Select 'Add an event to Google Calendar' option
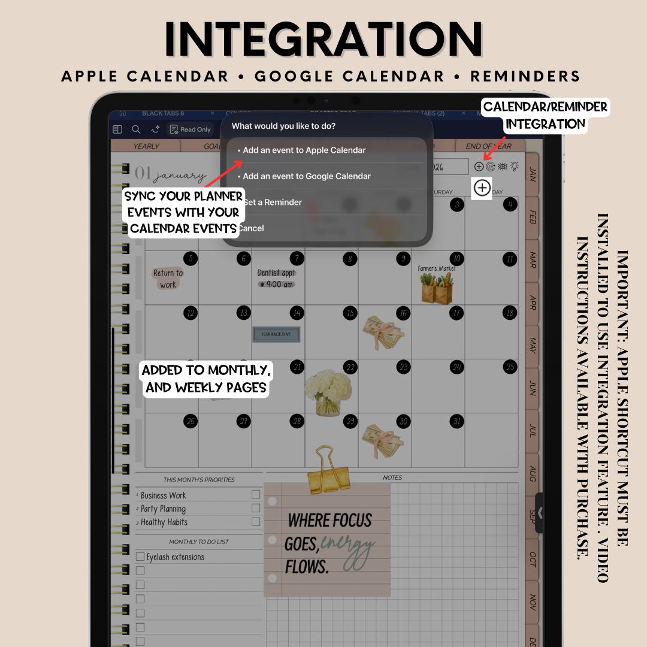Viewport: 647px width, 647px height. (x=306, y=176)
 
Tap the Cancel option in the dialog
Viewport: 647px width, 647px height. (x=251, y=228)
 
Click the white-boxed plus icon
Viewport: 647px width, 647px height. (x=482, y=188)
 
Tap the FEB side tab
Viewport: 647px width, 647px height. (x=533, y=217)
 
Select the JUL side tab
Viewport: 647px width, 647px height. (x=533, y=431)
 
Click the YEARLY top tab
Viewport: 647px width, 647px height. (x=146, y=146)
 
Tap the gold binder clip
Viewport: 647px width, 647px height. (x=329, y=470)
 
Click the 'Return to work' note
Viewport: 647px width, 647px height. (x=168, y=279)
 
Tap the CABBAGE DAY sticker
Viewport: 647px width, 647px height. (x=276, y=334)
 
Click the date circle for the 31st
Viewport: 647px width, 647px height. (x=457, y=421)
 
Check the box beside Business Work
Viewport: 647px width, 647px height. (x=256, y=494)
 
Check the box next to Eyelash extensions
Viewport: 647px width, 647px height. (x=140, y=557)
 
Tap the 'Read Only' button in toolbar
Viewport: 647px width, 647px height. (x=190, y=129)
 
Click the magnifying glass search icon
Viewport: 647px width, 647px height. (x=136, y=129)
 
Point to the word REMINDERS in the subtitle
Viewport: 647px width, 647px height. (x=525, y=77)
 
